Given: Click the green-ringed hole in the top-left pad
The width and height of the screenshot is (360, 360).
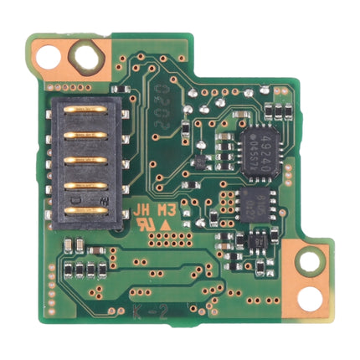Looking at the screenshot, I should coord(85,56).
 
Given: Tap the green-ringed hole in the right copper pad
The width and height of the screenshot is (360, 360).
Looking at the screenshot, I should coord(311,261).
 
